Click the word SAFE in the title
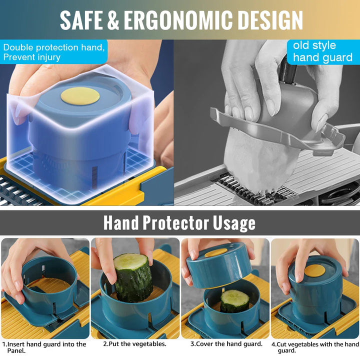point(81,20)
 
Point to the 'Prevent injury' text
point(32,57)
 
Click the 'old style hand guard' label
point(322,51)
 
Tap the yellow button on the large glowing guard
point(80,96)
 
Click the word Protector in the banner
point(175,222)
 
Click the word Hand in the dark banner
point(121,222)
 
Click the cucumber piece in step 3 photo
point(234,300)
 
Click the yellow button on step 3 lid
point(216,253)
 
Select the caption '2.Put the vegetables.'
point(134,343)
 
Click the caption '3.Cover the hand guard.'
point(226,343)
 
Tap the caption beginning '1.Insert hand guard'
point(44,347)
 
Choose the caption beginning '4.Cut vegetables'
point(315,347)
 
